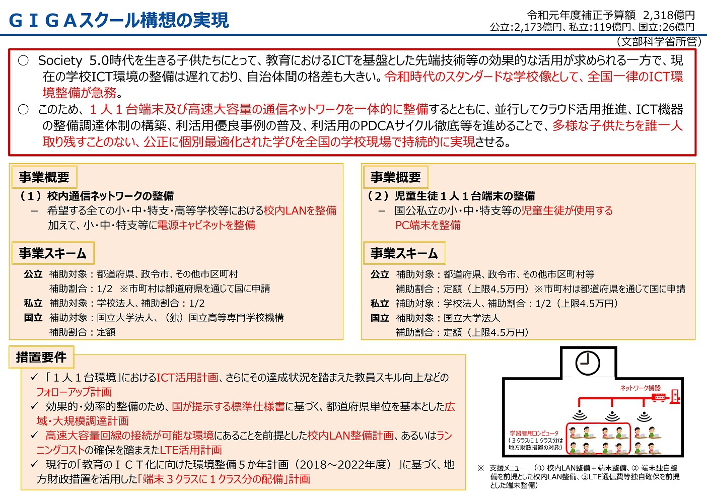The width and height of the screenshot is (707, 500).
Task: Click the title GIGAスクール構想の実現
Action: [119, 20]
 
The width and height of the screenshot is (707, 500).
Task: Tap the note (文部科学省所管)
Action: [659, 41]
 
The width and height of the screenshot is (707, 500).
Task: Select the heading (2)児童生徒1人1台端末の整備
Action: [451, 196]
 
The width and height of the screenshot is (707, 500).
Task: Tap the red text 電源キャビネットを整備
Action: [206, 225]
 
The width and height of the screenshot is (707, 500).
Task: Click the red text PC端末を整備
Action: [428, 225]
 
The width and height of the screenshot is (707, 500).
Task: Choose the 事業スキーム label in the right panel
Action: [404, 253]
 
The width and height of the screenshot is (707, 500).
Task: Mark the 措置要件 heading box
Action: [41, 358]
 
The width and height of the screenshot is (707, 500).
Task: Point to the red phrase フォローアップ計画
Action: [74, 392]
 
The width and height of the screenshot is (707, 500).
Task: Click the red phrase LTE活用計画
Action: [191, 450]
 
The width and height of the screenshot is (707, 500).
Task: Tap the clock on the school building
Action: [588, 362]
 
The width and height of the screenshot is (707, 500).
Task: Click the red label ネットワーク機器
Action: [640, 388]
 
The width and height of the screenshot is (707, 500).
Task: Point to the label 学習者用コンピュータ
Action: [534, 433]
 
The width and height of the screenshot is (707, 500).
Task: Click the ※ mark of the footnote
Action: [480, 468]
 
